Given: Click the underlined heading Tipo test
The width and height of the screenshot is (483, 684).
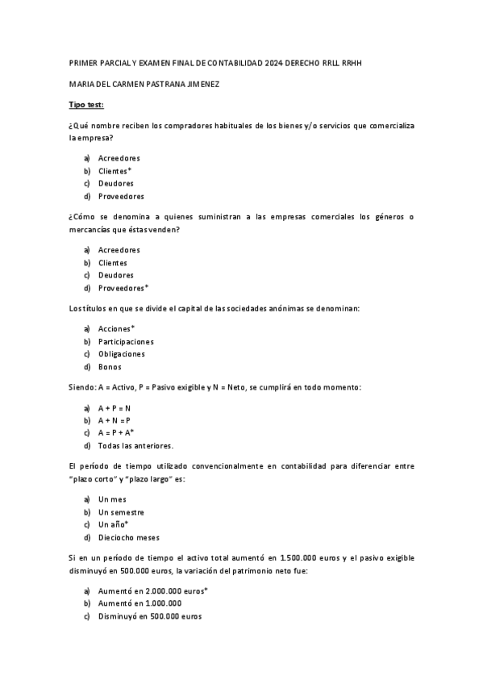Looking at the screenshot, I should (86, 106).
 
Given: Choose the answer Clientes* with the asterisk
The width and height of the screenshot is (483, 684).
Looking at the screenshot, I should (115, 171).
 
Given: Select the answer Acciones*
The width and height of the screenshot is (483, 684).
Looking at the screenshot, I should (116, 328).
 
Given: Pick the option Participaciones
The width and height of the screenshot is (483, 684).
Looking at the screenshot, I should (126, 341).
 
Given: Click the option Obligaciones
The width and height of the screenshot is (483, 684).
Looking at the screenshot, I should (122, 354).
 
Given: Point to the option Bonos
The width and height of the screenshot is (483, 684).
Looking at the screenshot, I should (110, 367).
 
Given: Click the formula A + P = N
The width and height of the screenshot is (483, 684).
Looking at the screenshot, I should (115, 407).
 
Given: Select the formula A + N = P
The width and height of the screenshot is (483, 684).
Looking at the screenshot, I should (115, 420).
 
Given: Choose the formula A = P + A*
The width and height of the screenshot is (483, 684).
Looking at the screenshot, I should (116, 433).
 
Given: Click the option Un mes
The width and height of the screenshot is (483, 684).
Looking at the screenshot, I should (112, 499).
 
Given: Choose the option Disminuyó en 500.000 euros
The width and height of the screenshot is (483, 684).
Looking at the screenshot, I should (150, 617).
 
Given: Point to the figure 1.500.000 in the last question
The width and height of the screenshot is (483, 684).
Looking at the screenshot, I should (302, 557).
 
